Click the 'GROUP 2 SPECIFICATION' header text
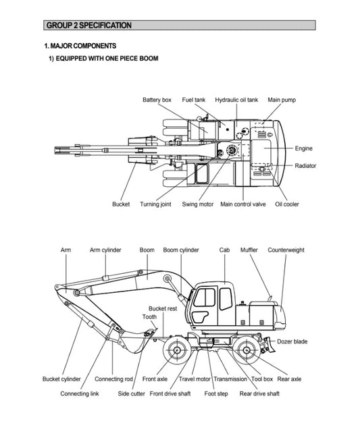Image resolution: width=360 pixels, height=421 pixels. [89, 26]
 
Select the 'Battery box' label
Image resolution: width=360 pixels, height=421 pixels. [157, 100]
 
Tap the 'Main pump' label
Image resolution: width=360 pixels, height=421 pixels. [282, 100]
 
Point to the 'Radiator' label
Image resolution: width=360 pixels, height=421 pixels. [305, 166]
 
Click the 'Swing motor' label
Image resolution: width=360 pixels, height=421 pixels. [198, 204]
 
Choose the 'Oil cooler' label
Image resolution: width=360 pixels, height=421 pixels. [287, 204]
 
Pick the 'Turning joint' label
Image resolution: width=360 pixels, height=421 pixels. [155, 204]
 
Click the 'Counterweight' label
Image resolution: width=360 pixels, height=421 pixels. [286, 250]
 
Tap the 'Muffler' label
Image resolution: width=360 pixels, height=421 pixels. [249, 250]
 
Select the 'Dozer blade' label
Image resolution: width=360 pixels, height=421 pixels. [292, 341]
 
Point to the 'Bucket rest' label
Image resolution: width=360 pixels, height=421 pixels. [163, 309]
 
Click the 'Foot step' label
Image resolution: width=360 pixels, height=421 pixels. [216, 394]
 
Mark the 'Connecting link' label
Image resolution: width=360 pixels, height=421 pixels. [80, 394]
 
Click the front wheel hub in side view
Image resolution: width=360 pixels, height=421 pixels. [177, 350]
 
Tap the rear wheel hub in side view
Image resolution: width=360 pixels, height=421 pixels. [247, 350]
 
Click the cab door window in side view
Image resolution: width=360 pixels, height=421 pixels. [205, 298]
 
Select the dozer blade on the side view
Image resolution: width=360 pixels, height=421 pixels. [269, 345]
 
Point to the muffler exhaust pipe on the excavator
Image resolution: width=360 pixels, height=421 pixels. [270, 298]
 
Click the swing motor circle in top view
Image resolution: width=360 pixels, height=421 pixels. [231, 150]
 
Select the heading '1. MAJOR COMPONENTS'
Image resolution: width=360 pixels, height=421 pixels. [80, 46]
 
